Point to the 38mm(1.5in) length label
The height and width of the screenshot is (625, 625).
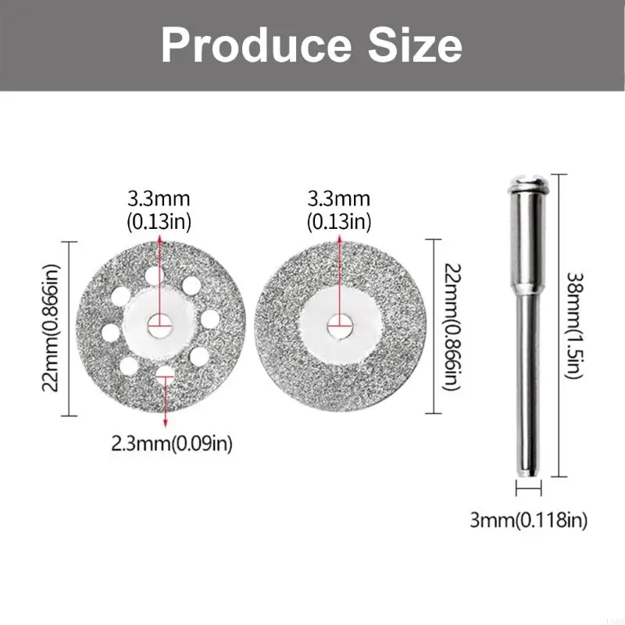(x=574, y=324)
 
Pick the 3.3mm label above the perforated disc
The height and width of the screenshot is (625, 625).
(x=159, y=211)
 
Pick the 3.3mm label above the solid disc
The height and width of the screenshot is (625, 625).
(x=338, y=211)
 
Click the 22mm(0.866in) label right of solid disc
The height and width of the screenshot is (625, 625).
(x=452, y=327)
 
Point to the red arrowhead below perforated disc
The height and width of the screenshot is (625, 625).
(x=165, y=422)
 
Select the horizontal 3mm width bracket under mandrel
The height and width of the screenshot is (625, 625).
(x=529, y=489)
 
